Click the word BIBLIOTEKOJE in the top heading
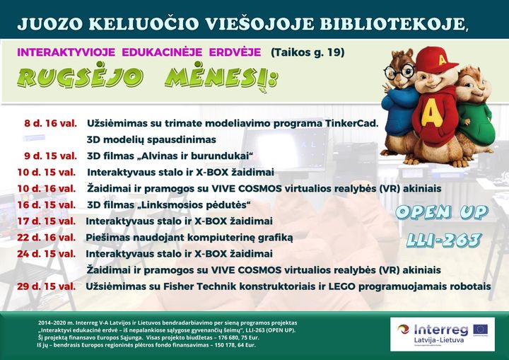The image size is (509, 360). [394, 24]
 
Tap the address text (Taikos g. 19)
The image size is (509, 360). [308, 52]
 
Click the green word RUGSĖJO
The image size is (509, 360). [80, 79]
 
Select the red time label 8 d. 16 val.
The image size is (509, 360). [50, 124]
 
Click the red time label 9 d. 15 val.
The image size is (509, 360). [50, 156]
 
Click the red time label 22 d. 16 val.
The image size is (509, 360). [46, 238]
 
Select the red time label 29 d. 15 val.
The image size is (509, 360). [46, 286]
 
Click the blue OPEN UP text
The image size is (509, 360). [442, 212]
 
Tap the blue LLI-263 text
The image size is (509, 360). [443, 240]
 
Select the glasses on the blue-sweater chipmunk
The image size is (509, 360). [399, 70]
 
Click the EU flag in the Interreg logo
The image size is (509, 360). [480, 330]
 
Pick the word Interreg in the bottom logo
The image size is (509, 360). [441, 330]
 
